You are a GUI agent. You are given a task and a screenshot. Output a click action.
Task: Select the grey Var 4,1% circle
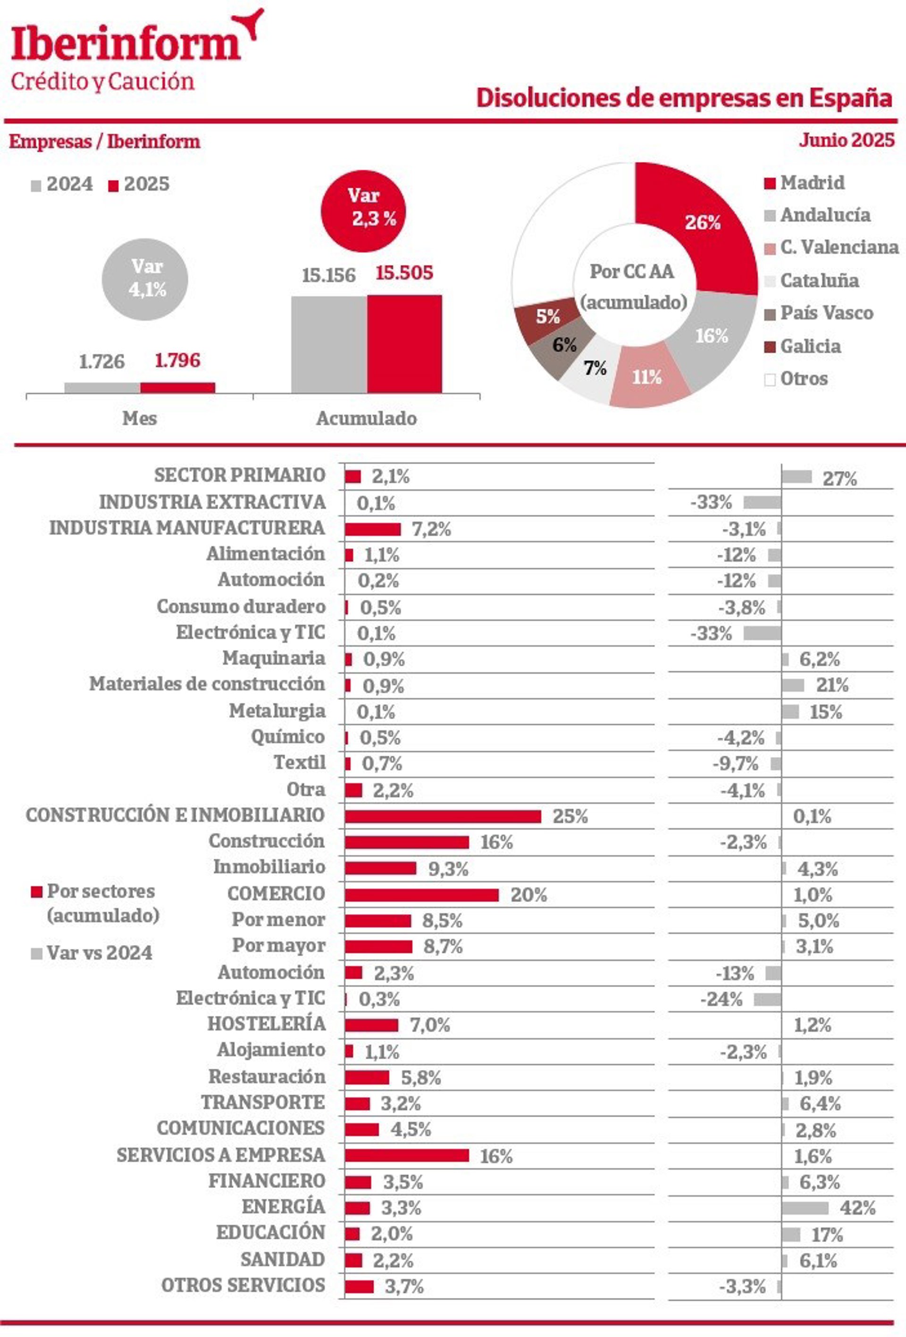145,279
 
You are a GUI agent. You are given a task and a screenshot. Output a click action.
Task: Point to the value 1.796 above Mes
177,361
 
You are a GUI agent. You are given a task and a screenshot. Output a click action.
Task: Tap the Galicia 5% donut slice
546,316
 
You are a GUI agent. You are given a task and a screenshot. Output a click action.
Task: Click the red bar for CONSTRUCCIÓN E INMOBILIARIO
443,816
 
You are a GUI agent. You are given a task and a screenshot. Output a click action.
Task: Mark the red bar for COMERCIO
421,895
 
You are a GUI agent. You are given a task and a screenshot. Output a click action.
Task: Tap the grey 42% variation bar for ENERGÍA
804,1208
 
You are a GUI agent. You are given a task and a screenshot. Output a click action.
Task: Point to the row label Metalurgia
277,711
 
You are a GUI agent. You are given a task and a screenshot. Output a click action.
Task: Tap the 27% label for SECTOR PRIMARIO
839,479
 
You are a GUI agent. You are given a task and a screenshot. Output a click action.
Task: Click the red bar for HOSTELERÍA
371,1025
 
